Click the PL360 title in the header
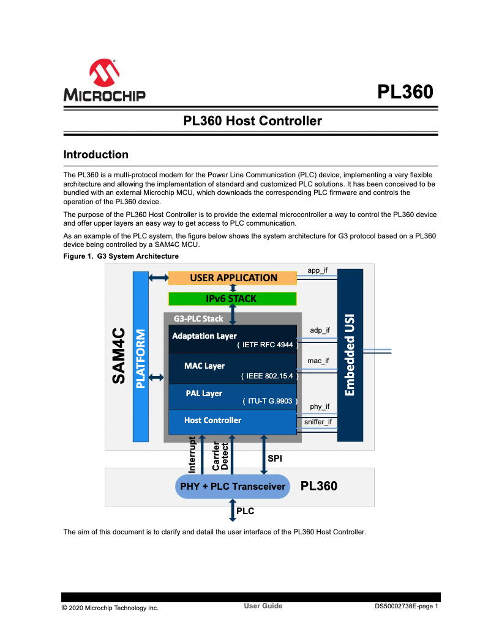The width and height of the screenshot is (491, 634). coord(405,92)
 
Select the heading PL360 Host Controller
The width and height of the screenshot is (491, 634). coord(252,121)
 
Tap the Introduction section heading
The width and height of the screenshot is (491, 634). coord(96,155)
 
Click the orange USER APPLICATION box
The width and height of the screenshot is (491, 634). coord(233,278)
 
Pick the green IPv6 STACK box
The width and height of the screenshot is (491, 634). coord(233,299)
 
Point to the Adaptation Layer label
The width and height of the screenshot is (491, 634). coord(204,336)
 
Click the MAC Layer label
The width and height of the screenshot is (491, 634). coord(204,366)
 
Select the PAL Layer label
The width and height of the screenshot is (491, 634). coord(204,393)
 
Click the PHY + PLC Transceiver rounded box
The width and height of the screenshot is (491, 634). coord(233,487)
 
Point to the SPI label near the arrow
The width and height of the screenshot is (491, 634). coord(275,458)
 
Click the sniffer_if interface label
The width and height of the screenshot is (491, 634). coord(318,422)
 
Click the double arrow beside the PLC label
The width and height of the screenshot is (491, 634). coord(233,510)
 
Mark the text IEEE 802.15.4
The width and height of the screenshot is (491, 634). coord(269,376)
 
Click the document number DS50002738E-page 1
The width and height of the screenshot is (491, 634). coord(407,606)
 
